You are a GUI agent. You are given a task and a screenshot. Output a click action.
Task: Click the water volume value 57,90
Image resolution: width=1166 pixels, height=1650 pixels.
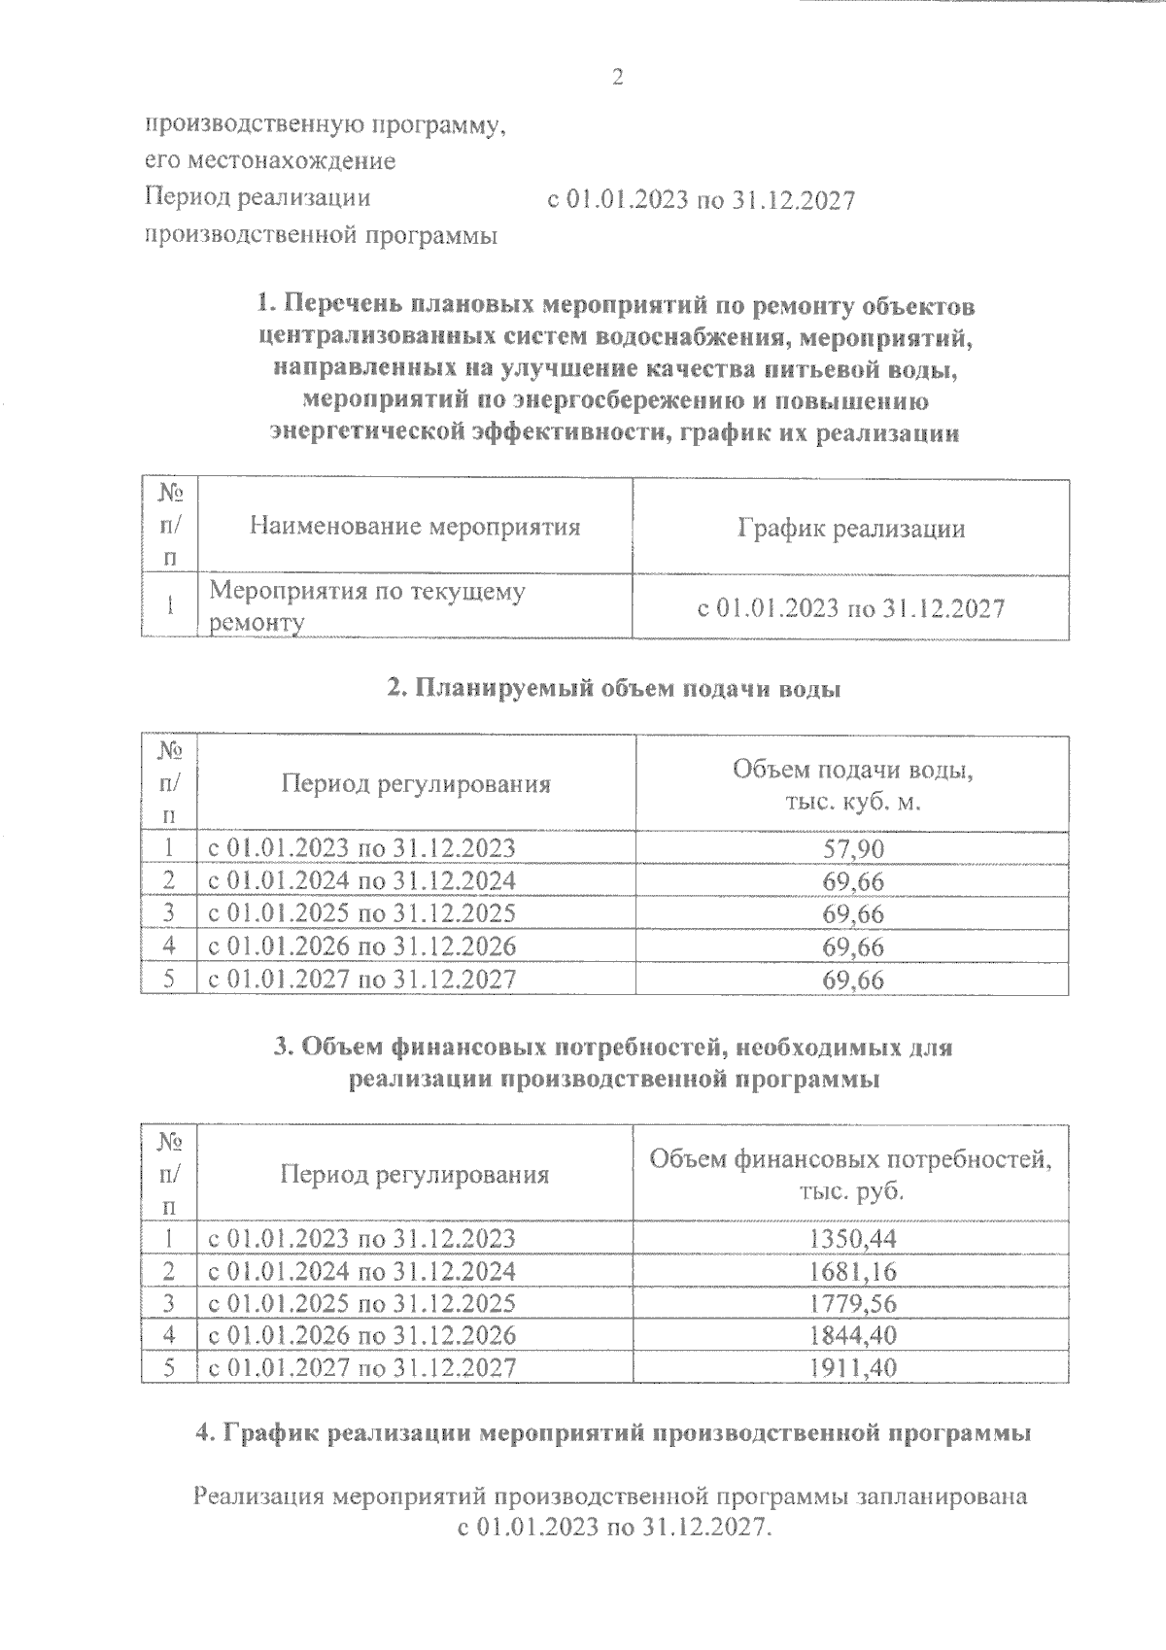[x=852, y=849]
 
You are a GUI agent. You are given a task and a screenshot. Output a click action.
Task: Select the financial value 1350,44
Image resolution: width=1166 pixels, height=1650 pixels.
[x=852, y=1239]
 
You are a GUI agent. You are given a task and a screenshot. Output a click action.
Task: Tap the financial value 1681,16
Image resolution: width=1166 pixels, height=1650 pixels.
[x=852, y=1271]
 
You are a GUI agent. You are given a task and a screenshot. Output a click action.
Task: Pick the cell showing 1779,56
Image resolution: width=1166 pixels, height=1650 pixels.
[x=852, y=1303]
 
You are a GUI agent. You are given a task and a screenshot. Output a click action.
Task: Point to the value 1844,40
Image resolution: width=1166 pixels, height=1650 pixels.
[x=852, y=1335]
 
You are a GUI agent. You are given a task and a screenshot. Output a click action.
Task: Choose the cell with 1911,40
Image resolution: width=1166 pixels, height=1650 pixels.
[x=852, y=1367]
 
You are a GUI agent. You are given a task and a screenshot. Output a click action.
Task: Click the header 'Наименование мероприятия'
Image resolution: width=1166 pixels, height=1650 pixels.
[x=415, y=527]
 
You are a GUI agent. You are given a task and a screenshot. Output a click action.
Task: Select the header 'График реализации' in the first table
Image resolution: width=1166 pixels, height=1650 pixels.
[x=851, y=529]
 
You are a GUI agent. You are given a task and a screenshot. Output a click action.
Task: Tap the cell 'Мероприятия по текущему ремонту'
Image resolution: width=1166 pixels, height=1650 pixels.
[x=367, y=606]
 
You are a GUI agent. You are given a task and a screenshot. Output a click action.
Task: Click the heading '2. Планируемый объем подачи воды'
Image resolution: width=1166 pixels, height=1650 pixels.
[x=614, y=688]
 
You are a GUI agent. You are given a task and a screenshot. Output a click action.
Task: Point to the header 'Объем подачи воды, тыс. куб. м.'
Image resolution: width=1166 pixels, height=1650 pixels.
[x=852, y=786]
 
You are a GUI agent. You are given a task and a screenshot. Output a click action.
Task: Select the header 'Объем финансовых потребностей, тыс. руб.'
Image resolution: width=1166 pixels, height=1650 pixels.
[x=851, y=1174]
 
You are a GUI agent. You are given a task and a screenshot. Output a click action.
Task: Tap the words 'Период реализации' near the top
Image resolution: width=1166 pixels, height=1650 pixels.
[x=257, y=197]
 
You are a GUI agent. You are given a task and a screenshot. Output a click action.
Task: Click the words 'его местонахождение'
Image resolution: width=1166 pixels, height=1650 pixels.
[x=270, y=160]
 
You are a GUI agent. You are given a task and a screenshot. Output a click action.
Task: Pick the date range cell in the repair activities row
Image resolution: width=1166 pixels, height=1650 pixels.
[x=851, y=609]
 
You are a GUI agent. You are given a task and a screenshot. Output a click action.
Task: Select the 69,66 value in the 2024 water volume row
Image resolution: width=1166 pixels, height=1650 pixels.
[x=852, y=881]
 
